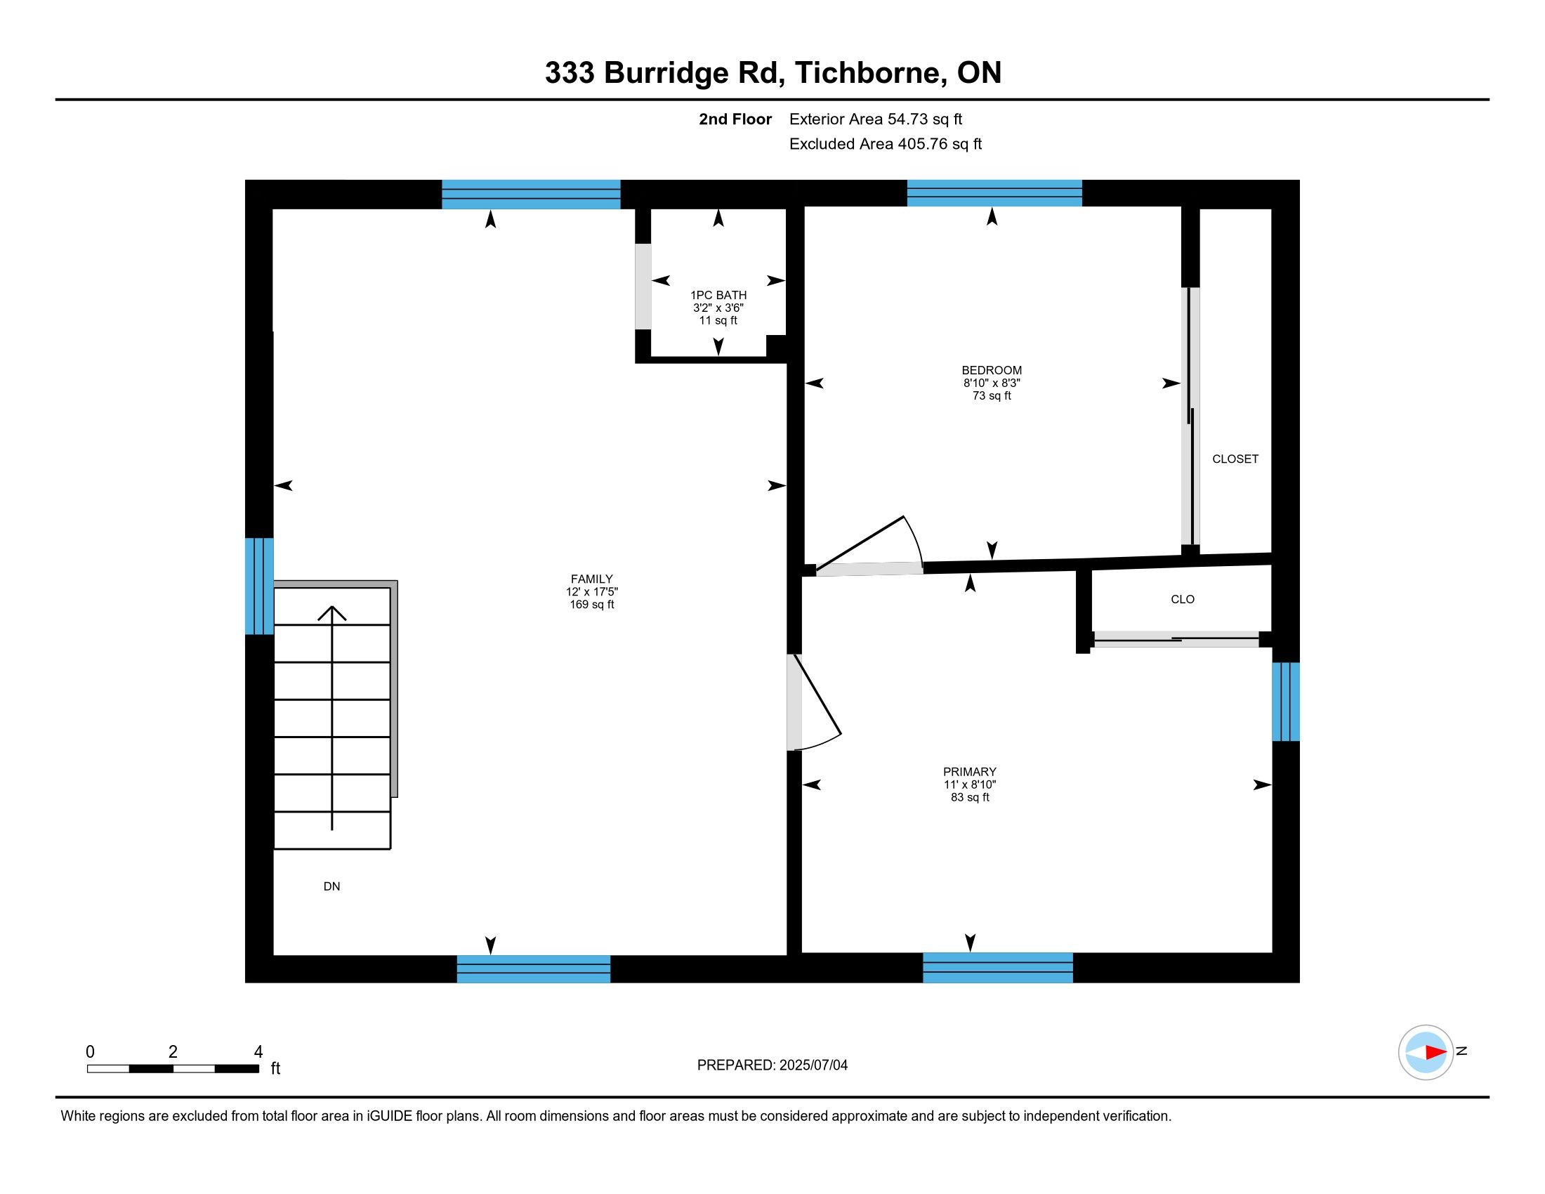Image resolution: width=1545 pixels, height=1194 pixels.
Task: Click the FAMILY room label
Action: pos(591,579)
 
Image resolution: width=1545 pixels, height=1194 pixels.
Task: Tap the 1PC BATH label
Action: pos(718,295)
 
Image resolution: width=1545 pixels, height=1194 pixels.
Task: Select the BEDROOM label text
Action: pos(991,370)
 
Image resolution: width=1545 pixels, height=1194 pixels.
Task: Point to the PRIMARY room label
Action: pos(969,772)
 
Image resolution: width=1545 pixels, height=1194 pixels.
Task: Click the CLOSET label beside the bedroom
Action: pos(1235,459)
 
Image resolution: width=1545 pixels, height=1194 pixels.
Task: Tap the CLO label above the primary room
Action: pos(1182,599)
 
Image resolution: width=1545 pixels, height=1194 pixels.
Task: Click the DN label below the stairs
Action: pos(331,886)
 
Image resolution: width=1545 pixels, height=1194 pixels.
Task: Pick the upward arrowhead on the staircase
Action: pos(331,613)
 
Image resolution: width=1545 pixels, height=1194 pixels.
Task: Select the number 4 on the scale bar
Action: pos(258,1051)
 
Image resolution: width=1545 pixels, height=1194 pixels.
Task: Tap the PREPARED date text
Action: pos(772,1065)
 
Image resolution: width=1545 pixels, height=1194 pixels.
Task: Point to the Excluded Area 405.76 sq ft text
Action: pos(885,143)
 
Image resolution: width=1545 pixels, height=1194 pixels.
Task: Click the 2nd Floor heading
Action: pos(735,119)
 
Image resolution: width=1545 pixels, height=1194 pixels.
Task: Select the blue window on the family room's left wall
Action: pos(259,586)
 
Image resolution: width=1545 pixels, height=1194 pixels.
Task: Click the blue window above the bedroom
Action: pos(994,193)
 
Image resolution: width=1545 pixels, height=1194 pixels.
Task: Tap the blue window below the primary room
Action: pos(997,968)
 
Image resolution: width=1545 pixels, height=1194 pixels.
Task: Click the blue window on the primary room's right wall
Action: pos(1285,702)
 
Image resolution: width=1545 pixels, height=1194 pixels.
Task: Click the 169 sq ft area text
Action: pos(591,605)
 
